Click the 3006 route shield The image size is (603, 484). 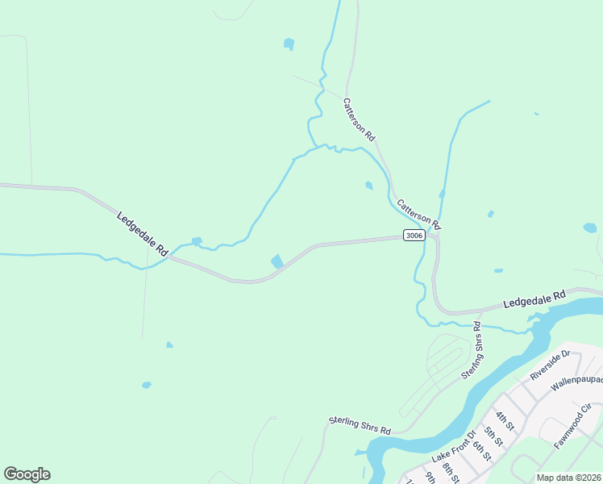pos(414,236)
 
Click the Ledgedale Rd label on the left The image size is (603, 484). pos(142,234)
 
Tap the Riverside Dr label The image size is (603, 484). pos(550,365)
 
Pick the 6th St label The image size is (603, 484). pos(482,448)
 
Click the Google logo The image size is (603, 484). pos(27,474)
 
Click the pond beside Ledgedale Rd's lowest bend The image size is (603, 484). pos(277,261)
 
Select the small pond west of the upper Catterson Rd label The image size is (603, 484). pos(289,44)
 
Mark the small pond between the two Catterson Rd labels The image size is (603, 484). pos(368,186)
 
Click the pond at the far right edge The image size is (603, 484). pos(590,228)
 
